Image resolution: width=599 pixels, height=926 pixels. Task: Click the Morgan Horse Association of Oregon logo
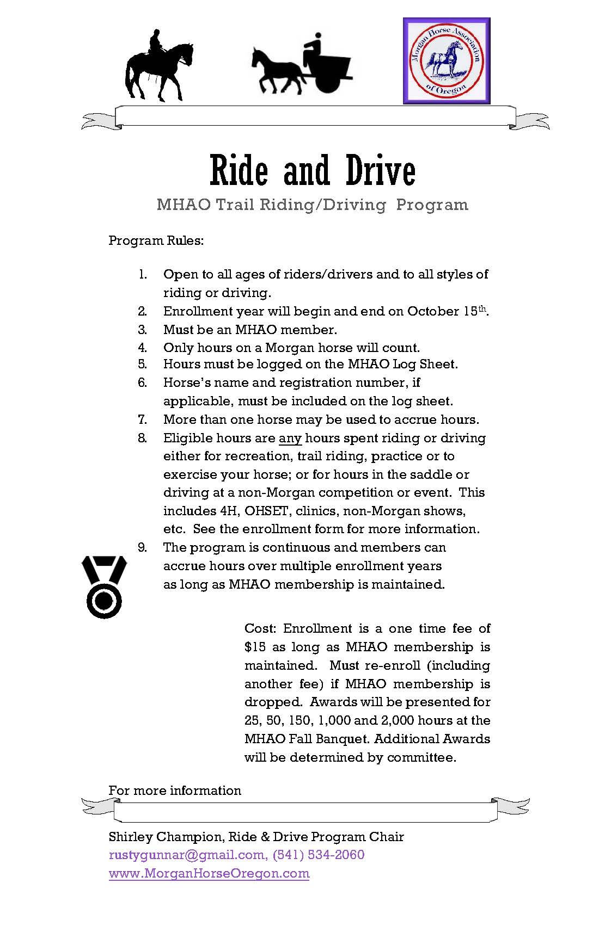coord(447,60)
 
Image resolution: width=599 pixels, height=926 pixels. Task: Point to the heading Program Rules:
coord(156,240)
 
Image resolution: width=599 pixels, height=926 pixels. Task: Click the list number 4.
coord(142,348)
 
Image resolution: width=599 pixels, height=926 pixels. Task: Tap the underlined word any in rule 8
coord(290,438)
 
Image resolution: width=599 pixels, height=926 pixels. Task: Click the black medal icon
coord(103,587)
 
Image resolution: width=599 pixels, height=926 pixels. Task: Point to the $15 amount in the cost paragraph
coord(255,647)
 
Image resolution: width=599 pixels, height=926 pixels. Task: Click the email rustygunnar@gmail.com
coord(187,855)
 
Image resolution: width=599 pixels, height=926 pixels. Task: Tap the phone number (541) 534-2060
coord(318,855)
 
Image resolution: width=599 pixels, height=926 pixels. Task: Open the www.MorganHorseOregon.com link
coord(209,873)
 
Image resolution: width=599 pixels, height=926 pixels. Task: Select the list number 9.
coord(142,547)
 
